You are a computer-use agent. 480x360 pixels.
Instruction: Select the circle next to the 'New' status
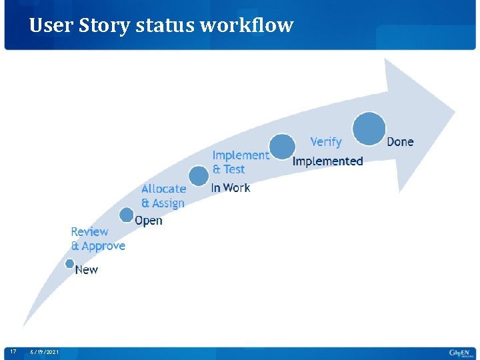69,264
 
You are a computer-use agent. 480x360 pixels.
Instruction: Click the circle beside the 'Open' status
127,215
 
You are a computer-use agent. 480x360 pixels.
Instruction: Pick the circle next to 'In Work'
199,176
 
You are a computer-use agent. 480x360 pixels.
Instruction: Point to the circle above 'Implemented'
283,147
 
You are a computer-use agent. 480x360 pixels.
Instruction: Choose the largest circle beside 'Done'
369,129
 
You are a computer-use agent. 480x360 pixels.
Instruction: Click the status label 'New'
87,270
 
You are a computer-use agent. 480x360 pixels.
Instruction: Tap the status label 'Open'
149,221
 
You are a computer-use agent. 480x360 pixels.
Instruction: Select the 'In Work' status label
231,188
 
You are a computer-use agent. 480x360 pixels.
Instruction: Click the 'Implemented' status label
328,161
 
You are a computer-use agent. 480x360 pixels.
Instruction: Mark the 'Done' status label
400,141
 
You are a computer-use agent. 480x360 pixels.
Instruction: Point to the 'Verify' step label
326,142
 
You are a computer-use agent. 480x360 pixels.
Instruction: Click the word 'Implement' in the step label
241,155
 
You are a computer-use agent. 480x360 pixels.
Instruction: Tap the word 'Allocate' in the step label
163,189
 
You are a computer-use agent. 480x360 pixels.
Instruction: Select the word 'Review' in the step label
89,232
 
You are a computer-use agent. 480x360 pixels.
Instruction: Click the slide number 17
13,351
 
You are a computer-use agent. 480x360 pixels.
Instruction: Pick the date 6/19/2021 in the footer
44,351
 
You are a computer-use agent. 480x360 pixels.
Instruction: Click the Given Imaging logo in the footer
459,352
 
